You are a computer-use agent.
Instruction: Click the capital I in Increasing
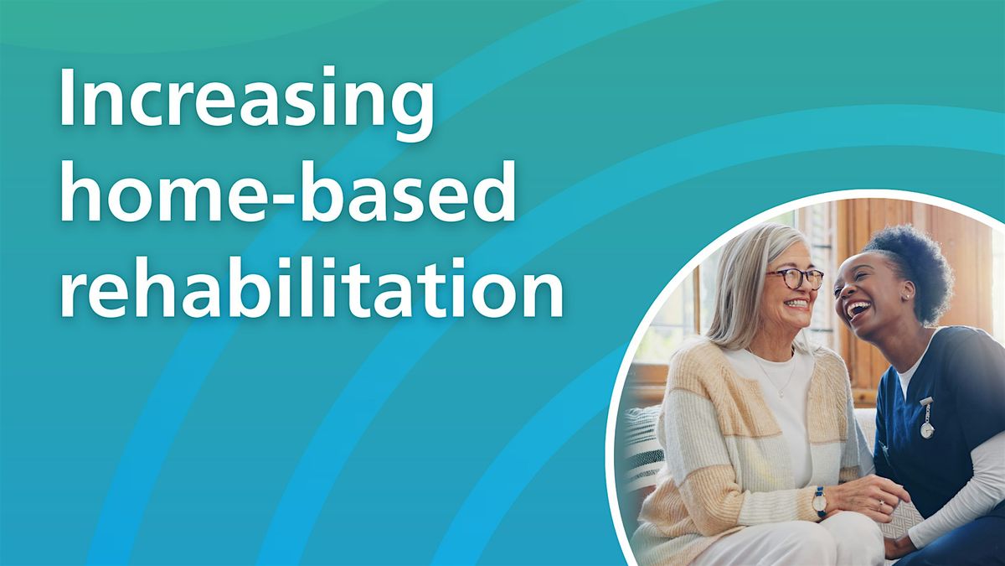coord(67,98)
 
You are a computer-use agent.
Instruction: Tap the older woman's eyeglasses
coord(793,278)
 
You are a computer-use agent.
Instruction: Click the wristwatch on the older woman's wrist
coord(818,501)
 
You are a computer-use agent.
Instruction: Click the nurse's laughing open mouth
coord(856,311)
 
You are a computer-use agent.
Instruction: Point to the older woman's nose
coord(802,288)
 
